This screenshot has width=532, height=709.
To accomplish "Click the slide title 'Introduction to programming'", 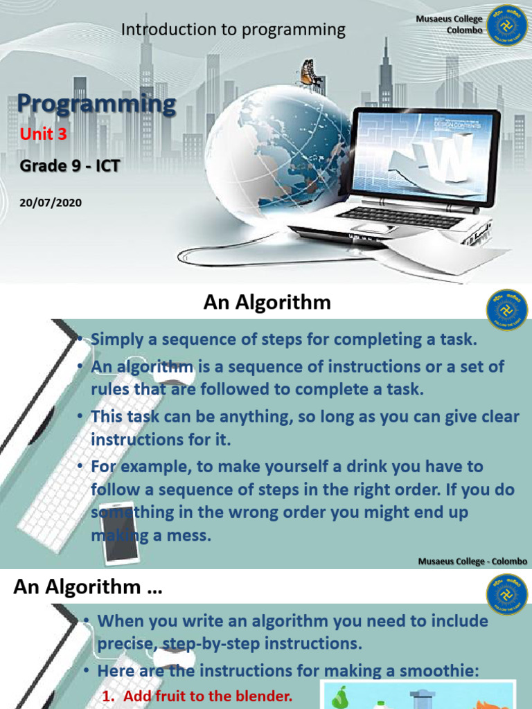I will coord(233,29).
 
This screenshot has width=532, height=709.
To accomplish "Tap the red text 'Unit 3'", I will coord(43,134).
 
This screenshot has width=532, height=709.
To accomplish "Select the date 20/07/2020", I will coord(51,202).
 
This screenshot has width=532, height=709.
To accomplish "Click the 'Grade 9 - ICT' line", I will coord(64,165).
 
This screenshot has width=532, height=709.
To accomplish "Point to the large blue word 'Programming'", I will coord(96,104).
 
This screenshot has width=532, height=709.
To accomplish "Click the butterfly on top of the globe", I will coord(308,73).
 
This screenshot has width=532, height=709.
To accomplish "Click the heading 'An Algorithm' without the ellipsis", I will coord(267,303).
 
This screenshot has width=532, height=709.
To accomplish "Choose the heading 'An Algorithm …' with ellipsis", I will coord(87,587).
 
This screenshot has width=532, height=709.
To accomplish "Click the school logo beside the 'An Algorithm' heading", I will coord(507,309).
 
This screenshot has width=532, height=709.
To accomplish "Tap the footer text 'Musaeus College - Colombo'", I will coord(472,561).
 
